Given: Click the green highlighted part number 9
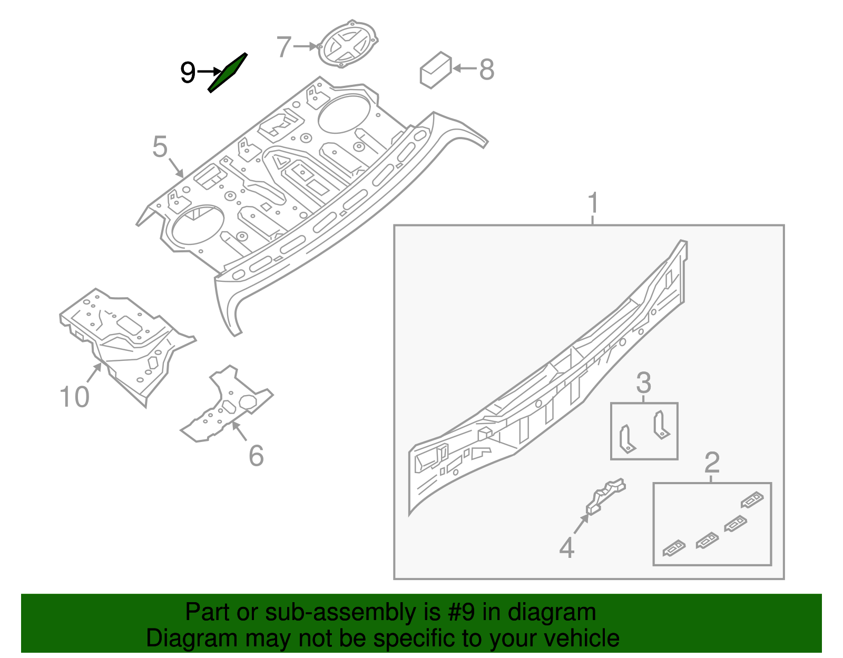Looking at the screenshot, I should point(228,73).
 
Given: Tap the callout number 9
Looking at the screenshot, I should point(188,72).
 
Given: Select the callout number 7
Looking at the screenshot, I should point(284,47).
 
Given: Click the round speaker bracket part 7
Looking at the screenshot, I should point(348,44).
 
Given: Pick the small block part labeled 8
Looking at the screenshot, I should point(436,70).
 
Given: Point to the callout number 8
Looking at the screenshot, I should point(487,69).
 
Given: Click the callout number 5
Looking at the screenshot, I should point(160,147).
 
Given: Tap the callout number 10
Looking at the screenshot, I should point(74,396).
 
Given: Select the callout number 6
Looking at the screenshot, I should point(256,456).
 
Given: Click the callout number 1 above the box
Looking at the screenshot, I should point(593,203).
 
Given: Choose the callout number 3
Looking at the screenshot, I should point(643,383).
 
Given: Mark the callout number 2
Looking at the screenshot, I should point(712,463).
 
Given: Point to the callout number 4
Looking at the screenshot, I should point(566,548).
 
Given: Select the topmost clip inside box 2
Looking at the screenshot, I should point(752,499).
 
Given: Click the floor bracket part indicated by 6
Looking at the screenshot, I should point(227,406).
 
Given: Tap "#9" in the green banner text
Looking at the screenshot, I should point(462,612).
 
